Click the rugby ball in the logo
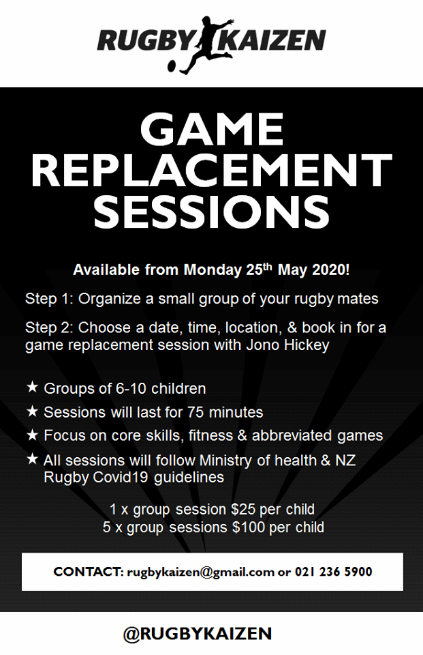tap(173, 66)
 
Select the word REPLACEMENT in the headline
tap(212, 171)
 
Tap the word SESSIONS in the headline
tap(212, 212)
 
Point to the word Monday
tap(212, 270)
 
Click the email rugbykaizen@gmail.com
tap(200, 572)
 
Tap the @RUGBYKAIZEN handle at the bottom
tap(198, 634)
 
